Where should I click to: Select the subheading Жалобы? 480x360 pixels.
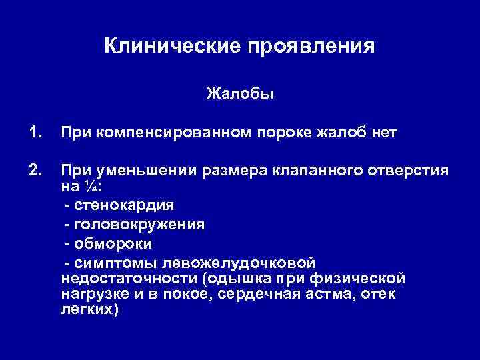pyautogui.click(x=240, y=93)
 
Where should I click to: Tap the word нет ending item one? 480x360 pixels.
pyautogui.click(x=383, y=133)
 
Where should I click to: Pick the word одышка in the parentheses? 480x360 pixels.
pyautogui.click(x=236, y=277)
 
